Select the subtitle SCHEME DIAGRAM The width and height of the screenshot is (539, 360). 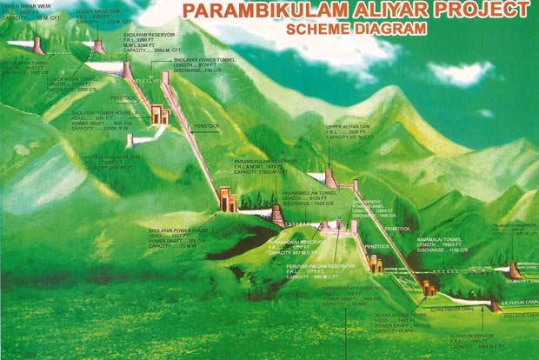click(356, 29)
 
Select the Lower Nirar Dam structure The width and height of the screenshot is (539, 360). click(99, 46)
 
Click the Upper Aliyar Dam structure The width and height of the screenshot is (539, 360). click(330, 178)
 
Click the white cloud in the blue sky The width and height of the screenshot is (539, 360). click(460, 73)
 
